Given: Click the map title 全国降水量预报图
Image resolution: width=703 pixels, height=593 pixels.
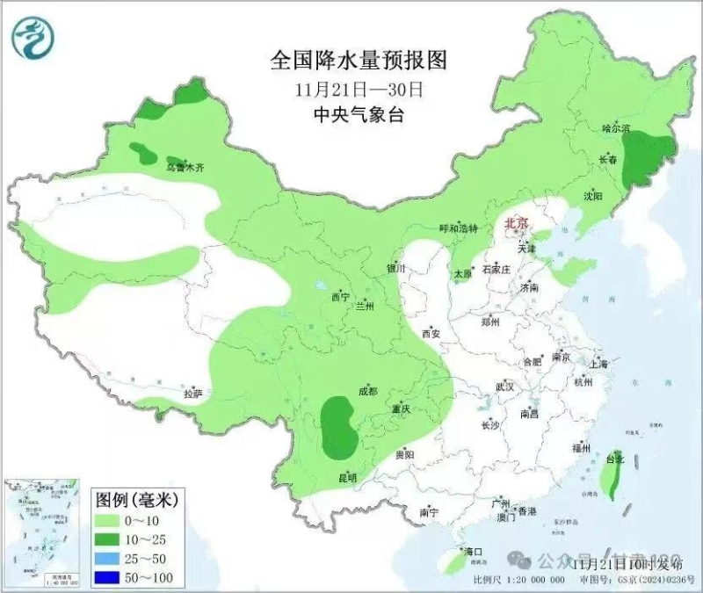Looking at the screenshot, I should pos(359,60).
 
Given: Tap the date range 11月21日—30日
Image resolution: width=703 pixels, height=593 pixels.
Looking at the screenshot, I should pos(359,89).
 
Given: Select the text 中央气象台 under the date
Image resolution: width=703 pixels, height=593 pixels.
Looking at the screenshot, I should pos(359,115).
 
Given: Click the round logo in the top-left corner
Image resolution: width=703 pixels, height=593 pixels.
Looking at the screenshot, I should pos(34,37).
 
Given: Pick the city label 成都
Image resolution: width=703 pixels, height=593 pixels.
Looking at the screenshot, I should pos(367,391).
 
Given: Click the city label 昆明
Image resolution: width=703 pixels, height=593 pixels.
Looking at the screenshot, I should pos(348,477).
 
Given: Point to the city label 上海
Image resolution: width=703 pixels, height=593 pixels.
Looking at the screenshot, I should pos(599,363).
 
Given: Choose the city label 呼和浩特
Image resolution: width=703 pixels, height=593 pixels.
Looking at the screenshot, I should pos(458,228).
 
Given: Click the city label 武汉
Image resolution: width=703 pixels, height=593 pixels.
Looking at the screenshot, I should pos(504,386).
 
